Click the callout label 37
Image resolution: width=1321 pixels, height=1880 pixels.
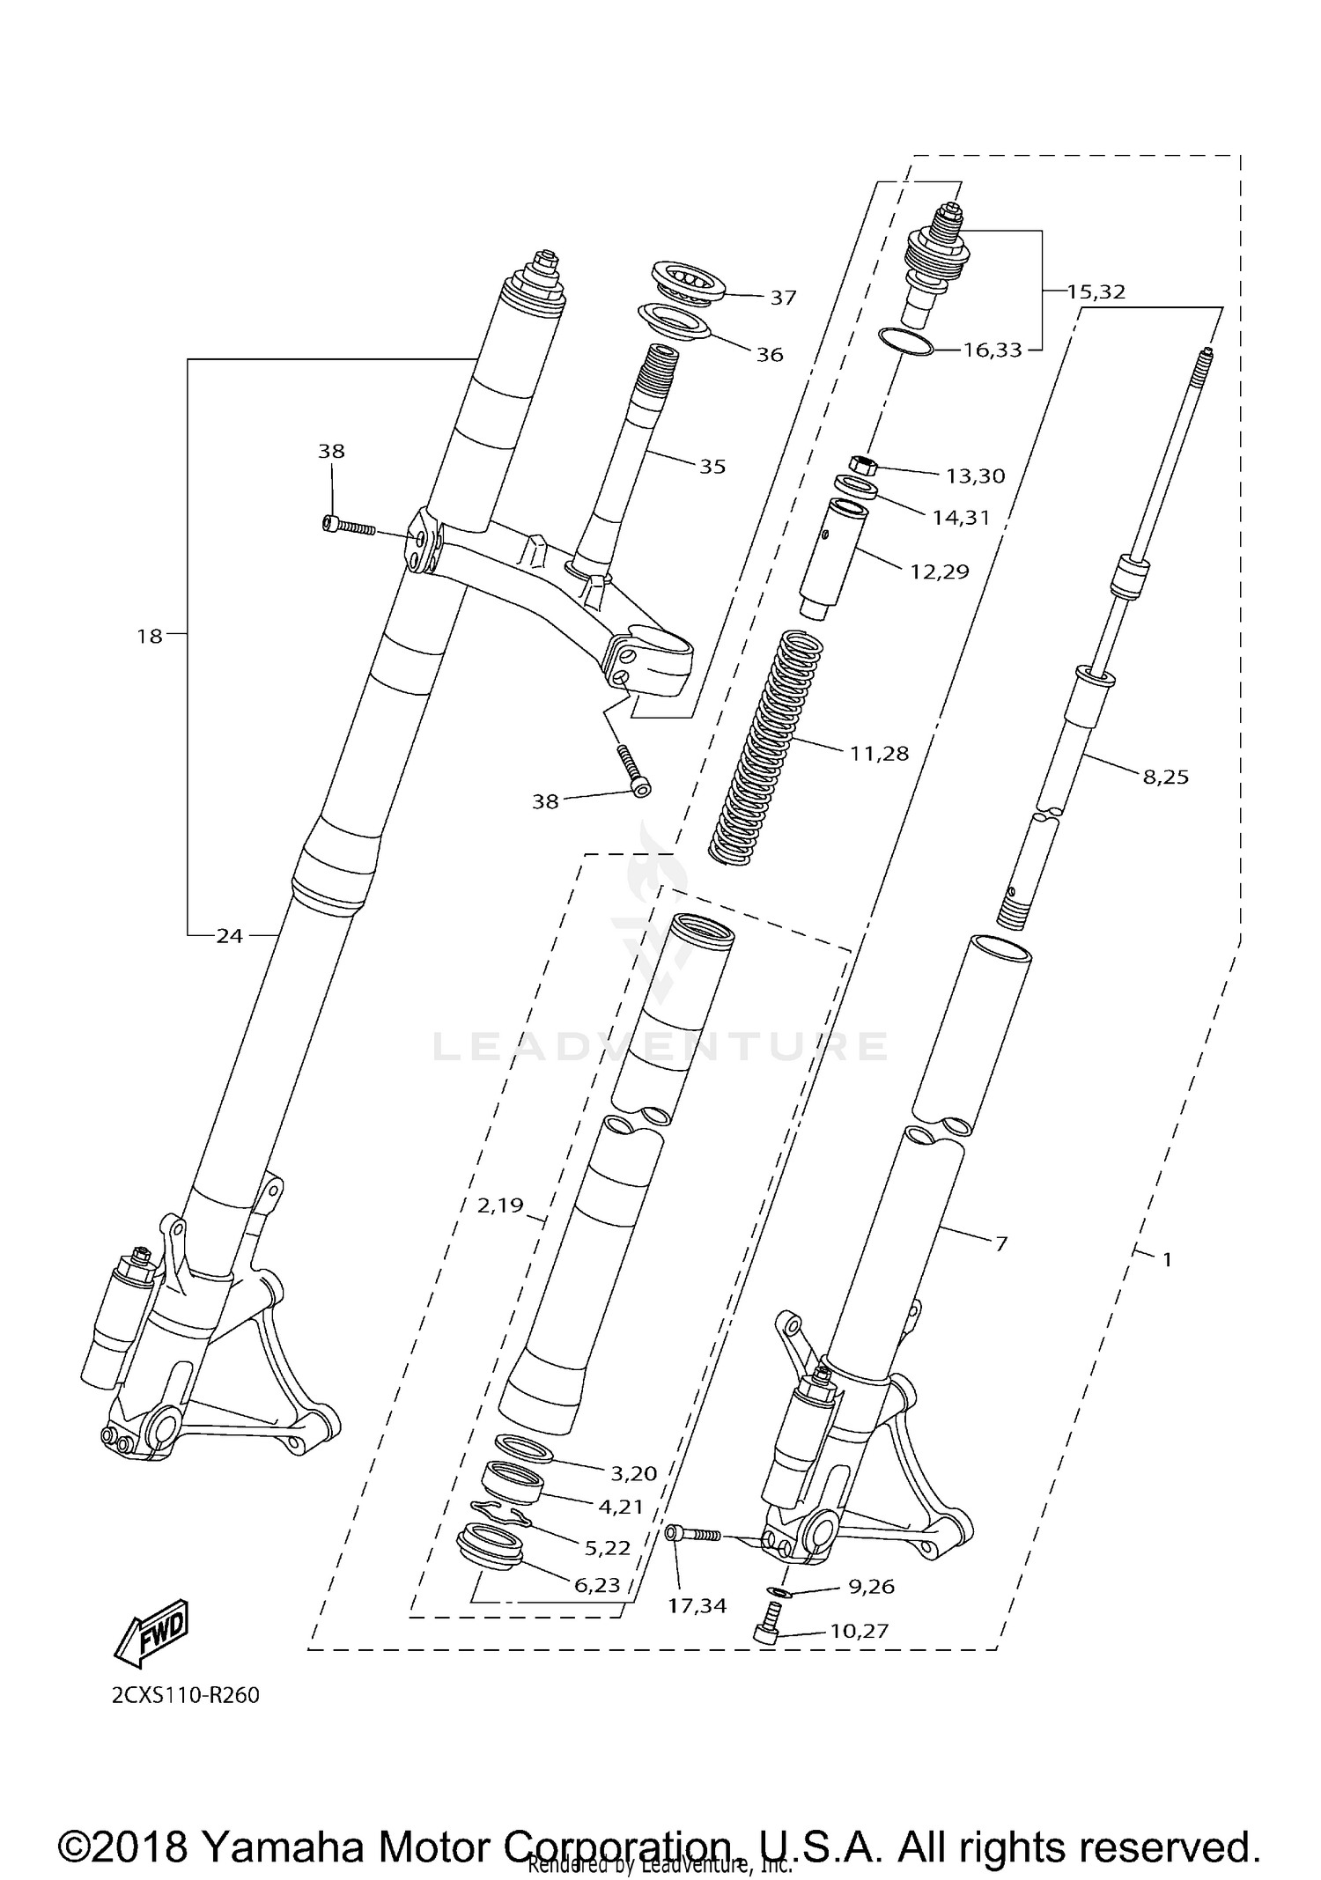pyautogui.click(x=782, y=298)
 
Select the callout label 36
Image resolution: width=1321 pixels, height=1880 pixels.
pyautogui.click(x=769, y=354)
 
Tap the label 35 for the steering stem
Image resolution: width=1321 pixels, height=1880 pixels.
pyautogui.click(x=712, y=466)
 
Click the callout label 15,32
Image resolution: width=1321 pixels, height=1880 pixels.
pyautogui.click(x=1096, y=291)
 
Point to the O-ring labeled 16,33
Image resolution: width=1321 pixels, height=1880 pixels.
pyautogui.click(x=906, y=342)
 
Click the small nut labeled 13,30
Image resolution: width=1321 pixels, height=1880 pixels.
pyautogui.click(x=863, y=464)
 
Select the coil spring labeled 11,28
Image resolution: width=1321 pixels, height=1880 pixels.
pyautogui.click(x=766, y=748)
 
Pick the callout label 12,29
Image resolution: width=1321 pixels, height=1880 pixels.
pyautogui.click(x=939, y=571)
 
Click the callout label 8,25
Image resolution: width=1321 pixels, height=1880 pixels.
pyautogui.click(x=1165, y=777)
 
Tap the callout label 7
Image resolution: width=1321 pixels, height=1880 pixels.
pyautogui.click(x=1000, y=1243)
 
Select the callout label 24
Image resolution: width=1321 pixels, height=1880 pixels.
pyautogui.click(x=229, y=936)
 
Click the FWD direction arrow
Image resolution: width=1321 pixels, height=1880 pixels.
pyautogui.click(x=151, y=1633)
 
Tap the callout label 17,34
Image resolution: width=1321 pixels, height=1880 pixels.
pyautogui.click(x=697, y=1605)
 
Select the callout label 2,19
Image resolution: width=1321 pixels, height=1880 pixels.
pyautogui.click(x=500, y=1205)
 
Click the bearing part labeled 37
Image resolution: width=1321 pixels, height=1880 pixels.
pyautogui.click(x=688, y=281)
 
